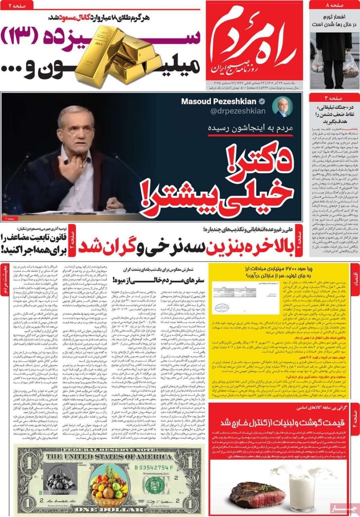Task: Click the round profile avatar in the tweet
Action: [282, 107]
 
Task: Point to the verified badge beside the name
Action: [262, 102]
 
